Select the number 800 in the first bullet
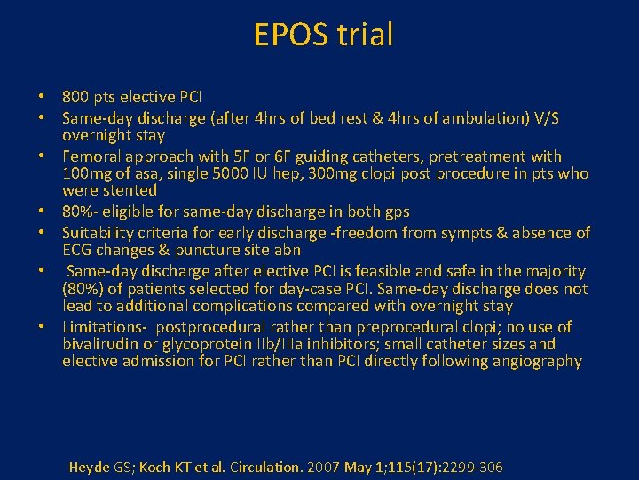[75, 96]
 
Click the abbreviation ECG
[77, 250]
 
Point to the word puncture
[211, 250]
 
